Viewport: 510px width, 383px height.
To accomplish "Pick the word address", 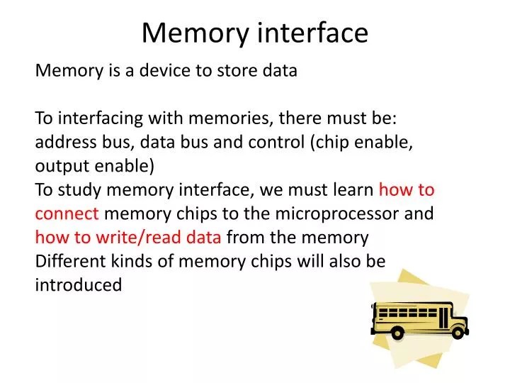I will pyautogui.click(x=63, y=142).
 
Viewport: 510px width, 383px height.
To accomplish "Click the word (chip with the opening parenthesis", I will pyautogui.click(x=329, y=142).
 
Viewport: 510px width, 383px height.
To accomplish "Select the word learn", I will pyautogui.click(x=352, y=190).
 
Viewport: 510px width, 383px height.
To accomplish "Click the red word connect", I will pyautogui.click(x=67, y=214).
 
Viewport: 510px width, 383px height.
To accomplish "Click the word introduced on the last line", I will pyautogui.click(x=78, y=285).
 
